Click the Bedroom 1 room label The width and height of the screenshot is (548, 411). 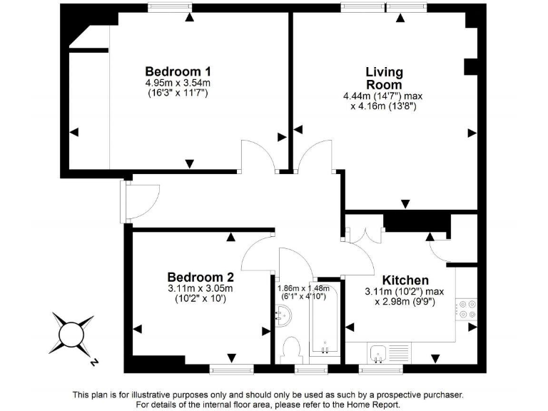point(178,71)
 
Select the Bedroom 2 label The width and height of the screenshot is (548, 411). point(201,277)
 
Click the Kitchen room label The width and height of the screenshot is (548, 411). point(405,280)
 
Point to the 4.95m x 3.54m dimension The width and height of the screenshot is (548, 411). point(178,83)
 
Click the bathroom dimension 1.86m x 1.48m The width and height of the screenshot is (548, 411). point(305,288)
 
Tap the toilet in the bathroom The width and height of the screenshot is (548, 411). point(291,350)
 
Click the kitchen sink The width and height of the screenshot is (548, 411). point(379,351)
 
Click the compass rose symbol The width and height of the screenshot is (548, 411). point(71,332)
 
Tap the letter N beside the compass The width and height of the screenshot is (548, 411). point(94,362)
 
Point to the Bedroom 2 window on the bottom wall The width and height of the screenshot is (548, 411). point(231,368)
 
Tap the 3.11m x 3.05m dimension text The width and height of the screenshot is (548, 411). point(201,288)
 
